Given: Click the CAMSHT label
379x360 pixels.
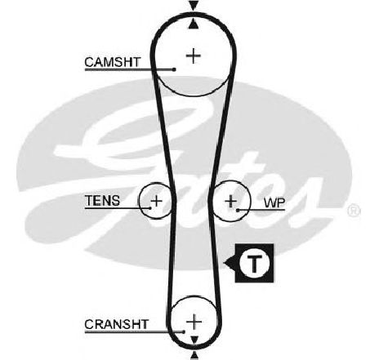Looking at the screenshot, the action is pos(112,62).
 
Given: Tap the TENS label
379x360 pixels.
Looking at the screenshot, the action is pos(102,201).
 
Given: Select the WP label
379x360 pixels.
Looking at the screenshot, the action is pos(274,202).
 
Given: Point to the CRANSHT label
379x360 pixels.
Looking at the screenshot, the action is pos(116,324).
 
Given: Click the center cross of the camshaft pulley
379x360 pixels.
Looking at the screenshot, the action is pos(194,56).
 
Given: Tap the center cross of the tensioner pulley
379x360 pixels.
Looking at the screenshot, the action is pos(156,201).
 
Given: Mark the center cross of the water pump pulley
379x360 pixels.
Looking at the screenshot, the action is pos(231,202).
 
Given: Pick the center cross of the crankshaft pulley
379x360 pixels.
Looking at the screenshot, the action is pos(194,322).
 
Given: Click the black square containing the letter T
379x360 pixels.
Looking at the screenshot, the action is pos(255,263).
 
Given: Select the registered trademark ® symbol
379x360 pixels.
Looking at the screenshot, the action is pos(354,211).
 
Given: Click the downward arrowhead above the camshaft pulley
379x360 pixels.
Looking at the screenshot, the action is pos(194,6).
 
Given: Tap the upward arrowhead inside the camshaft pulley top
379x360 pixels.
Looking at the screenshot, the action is pos(194,24).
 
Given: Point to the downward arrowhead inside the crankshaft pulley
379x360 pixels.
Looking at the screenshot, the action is pos(194,340).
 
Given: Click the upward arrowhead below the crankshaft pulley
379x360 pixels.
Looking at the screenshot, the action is pos(194,356).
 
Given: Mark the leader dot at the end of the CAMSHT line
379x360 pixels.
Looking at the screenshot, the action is pos(174,69).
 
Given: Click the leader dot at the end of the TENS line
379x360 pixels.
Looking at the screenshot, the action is pos(150,208).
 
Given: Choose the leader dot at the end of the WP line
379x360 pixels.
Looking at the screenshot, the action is pos(238,210).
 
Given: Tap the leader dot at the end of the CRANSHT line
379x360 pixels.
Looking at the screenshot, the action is pos(184,331).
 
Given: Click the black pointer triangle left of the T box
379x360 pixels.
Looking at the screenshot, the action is pos(230,263).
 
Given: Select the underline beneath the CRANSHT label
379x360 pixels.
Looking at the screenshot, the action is pos(134,331).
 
